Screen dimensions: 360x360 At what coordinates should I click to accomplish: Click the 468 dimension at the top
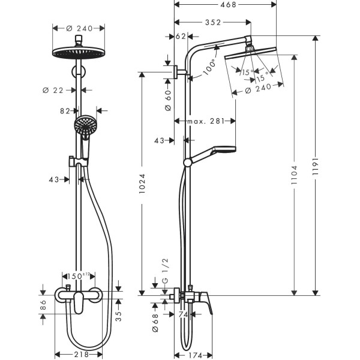click(x=225, y=5)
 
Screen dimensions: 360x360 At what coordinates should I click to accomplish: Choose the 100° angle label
click(x=209, y=67)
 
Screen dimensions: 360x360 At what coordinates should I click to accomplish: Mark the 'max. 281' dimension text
click(x=205, y=121)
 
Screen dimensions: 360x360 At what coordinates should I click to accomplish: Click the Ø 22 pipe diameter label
click(x=52, y=90)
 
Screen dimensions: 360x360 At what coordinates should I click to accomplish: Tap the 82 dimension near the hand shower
click(x=65, y=110)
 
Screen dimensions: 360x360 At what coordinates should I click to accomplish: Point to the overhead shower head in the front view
click(x=78, y=53)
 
